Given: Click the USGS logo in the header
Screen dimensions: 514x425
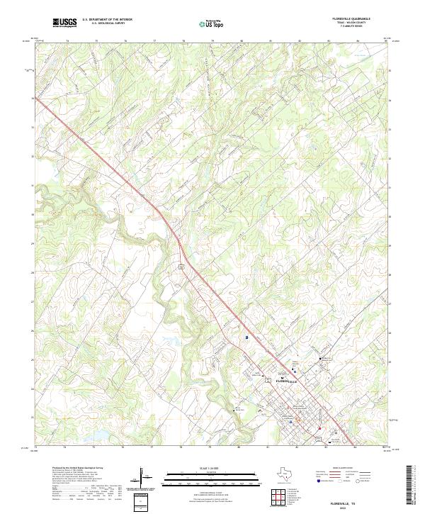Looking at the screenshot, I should coord(64,23).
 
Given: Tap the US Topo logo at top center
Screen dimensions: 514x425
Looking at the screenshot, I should coord(212,23).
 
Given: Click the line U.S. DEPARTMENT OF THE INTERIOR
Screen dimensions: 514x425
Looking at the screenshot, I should coord(107,20).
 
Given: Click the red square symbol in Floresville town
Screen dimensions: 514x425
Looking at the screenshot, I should coord(320,428).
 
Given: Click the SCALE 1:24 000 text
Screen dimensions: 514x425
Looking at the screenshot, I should coord(212,466).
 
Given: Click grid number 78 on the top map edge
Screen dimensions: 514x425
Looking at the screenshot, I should coord(183,42).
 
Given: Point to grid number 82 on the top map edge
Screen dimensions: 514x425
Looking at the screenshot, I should coord(299,42).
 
